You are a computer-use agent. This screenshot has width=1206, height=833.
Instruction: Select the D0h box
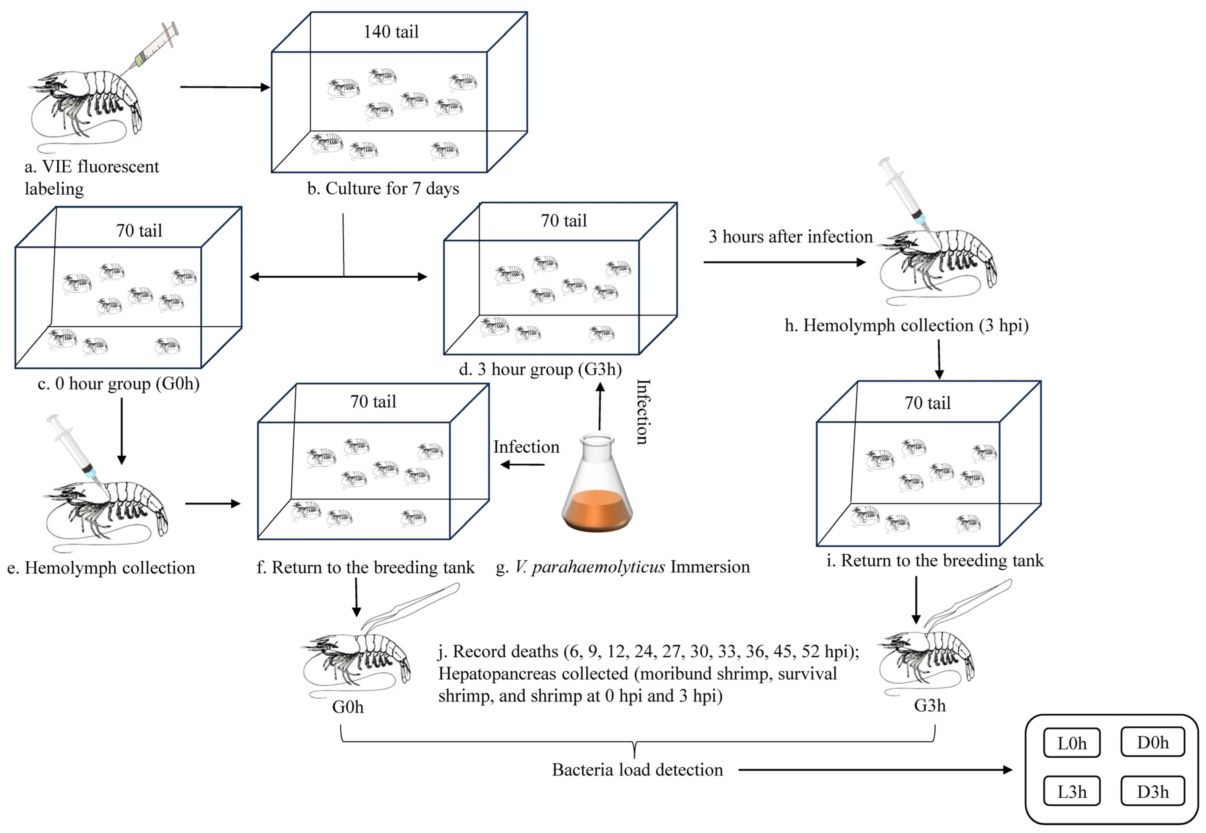coord(1152,742)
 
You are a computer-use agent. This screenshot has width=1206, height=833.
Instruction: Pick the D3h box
coord(1152,791)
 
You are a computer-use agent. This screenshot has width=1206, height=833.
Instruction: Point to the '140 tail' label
coord(391,32)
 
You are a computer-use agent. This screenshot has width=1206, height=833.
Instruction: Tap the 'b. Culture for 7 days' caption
coord(383,188)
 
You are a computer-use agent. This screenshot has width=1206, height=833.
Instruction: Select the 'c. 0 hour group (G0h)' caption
coord(119,384)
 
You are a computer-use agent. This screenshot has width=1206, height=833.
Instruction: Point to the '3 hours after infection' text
coord(791,236)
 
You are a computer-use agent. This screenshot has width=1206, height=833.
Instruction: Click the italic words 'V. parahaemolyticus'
coord(590,567)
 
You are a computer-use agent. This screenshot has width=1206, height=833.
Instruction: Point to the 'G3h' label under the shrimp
coord(930,706)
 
